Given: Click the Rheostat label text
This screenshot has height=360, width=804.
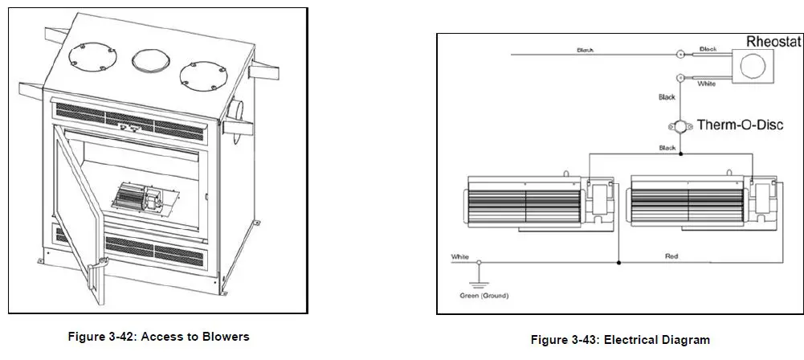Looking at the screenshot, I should pos(773,41).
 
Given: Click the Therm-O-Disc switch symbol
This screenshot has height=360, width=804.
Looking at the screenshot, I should pos(680,126).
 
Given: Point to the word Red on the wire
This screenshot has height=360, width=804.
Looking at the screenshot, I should pos(671,256).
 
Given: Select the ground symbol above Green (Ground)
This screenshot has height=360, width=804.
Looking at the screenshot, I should pos(480,276).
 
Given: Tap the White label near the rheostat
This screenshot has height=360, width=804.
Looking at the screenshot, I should pos(708,84).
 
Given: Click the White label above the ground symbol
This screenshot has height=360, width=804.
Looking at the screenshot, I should pos(460,257).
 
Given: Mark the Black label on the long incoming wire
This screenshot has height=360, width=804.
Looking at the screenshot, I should pos(586,50).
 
